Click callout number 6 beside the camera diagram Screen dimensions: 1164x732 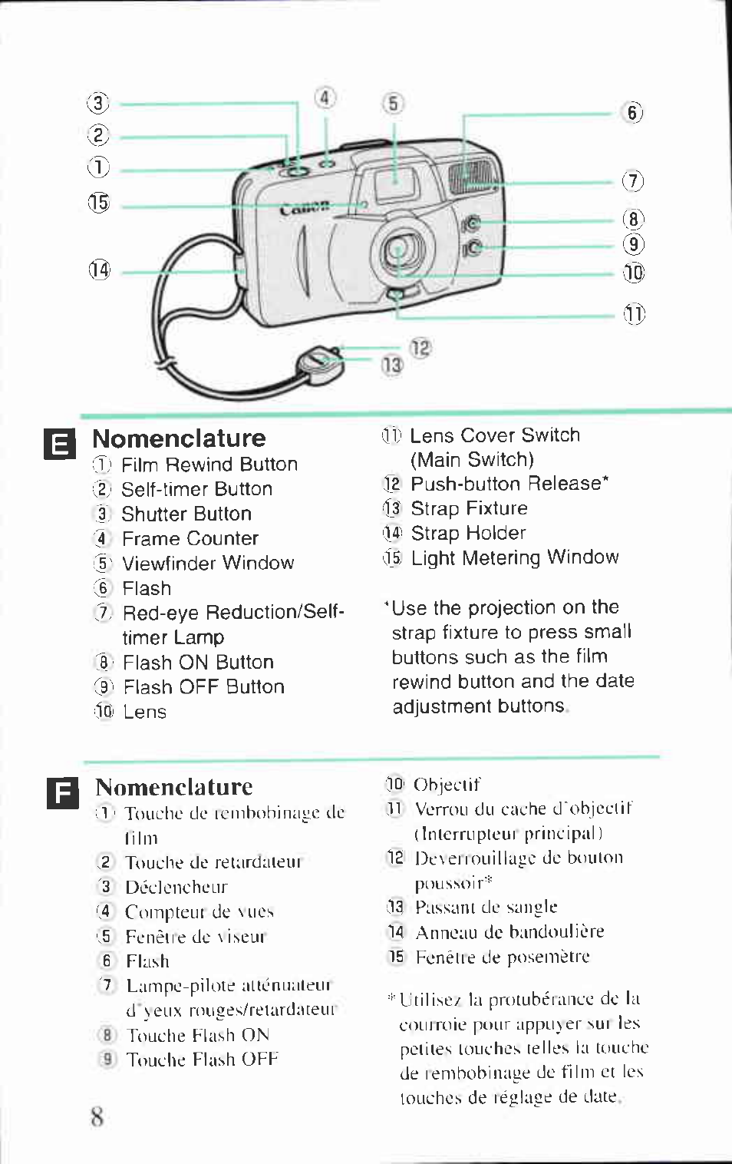pyautogui.click(x=631, y=113)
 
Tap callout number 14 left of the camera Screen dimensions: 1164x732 pyautogui.click(x=99, y=270)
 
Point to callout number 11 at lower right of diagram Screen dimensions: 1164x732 pyautogui.click(x=634, y=314)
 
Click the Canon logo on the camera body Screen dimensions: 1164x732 pyautogui.click(x=304, y=208)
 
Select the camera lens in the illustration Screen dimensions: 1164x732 pyautogui.click(x=397, y=248)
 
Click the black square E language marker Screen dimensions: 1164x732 pyautogui.click(x=60, y=444)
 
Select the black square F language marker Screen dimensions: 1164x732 pyautogui.click(x=62, y=793)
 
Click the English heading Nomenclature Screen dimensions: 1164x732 pyautogui.click(x=179, y=438)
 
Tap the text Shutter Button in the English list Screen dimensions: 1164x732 pyautogui.click(x=186, y=514)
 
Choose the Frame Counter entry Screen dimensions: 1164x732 pyautogui.click(x=190, y=538)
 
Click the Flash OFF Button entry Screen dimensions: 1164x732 pyautogui.click(x=203, y=686)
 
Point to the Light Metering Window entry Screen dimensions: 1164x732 pyautogui.click(x=514, y=557)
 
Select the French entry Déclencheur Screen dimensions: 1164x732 pyautogui.click(x=176, y=887)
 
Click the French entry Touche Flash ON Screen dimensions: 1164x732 pyautogui.click(x=198, y=1035)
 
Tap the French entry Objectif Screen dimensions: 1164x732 pyautogui.click(x=447, y=784)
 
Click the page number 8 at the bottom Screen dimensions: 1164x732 pyautogui.click(x=97, y=1116)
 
